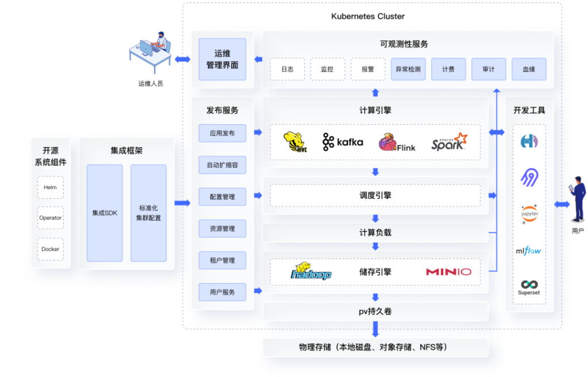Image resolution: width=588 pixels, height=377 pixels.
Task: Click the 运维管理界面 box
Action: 222,59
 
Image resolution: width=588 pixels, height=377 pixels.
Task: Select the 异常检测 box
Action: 408,69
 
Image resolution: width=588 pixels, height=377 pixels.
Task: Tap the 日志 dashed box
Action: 287,69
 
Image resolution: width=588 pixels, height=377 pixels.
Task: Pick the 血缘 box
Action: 529,69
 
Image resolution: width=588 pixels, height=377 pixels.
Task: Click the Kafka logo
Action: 343,142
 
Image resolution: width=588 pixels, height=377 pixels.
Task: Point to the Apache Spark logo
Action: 449,142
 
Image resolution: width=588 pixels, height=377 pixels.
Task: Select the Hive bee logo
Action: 295,142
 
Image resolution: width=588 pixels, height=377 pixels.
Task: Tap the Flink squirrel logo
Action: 397,143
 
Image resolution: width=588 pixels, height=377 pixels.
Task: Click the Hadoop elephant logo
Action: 311,271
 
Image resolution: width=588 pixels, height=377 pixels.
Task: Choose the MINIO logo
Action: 448,271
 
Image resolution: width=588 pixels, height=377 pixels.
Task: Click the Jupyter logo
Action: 529,214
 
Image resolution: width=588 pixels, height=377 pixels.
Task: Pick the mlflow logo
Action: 529,251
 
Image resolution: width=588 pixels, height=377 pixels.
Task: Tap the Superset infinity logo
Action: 529,287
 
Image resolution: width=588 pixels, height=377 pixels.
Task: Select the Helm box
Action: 51,187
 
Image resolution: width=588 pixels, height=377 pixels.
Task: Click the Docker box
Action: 51,249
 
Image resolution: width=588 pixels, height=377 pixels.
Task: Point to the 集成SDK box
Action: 105,213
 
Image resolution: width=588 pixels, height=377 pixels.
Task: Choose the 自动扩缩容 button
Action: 222,165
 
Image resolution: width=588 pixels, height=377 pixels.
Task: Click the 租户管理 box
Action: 222,260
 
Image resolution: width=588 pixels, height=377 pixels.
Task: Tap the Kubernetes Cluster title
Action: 368,16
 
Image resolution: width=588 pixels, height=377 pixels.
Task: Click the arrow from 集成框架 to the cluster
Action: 183,203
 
